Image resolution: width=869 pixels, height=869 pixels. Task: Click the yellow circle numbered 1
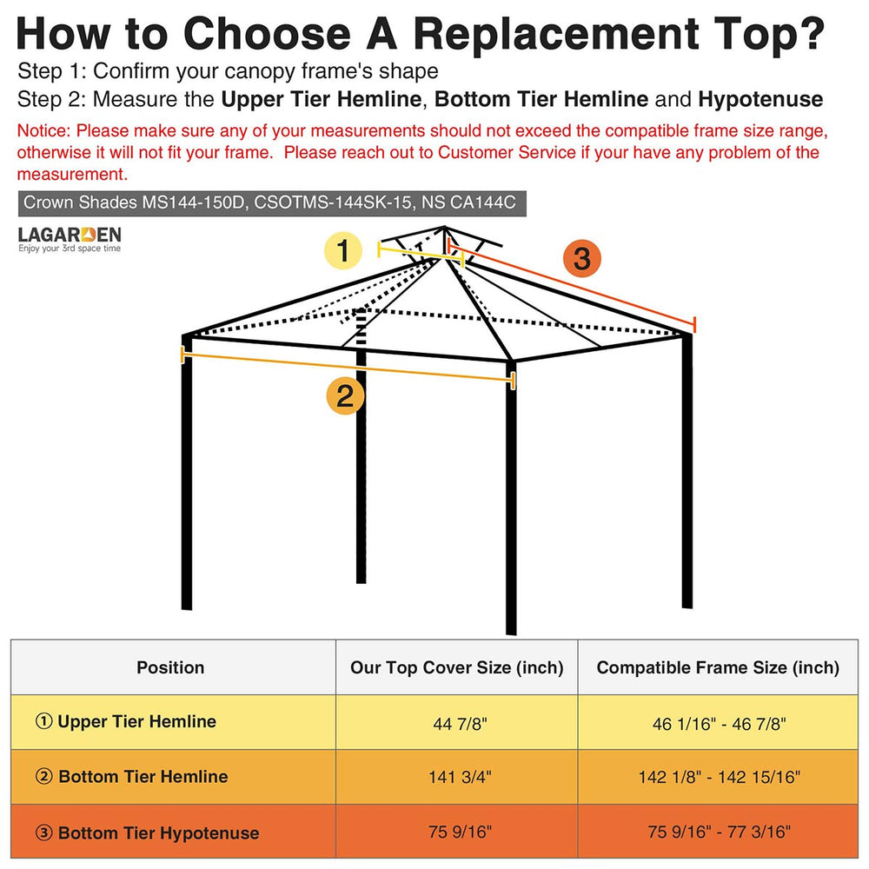click(x=343, y=250)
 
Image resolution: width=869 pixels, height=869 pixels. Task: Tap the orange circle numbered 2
click(x=345, y=395)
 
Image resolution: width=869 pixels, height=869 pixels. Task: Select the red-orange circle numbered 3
click(x=582, y=258)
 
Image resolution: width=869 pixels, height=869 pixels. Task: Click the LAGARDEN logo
click(x=70, y=239)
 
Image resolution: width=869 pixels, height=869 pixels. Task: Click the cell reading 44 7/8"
click(x=460, y=723)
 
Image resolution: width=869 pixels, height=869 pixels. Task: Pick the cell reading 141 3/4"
click(x=460, y=777)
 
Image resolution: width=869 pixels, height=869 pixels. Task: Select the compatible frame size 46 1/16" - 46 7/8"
click(x=719, y=723)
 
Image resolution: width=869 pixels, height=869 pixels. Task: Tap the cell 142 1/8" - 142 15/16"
click(x=719, y=777)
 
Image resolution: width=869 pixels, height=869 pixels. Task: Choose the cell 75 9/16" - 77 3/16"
click(x=719, y=832)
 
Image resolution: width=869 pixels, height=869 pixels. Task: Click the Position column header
click(x=170, y=667)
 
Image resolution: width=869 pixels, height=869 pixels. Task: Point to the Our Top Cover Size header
click(x=457, y=667)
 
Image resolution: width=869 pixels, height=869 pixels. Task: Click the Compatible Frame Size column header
click(x=718, y=667)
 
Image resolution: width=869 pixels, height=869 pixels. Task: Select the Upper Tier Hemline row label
click(x=126, y=721)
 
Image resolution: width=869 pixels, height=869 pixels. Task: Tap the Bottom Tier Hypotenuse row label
click(x=147, y=833)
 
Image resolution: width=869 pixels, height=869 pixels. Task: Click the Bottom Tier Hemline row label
click(x=131, y=776)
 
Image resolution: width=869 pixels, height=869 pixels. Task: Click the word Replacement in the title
click(x=556, y=35)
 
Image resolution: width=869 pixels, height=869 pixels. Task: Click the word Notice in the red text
click(x=43, y=131)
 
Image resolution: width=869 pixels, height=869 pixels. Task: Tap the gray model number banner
click(x=272, y=203)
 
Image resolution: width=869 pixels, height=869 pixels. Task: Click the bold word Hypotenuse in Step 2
click(x=760, y=100)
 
